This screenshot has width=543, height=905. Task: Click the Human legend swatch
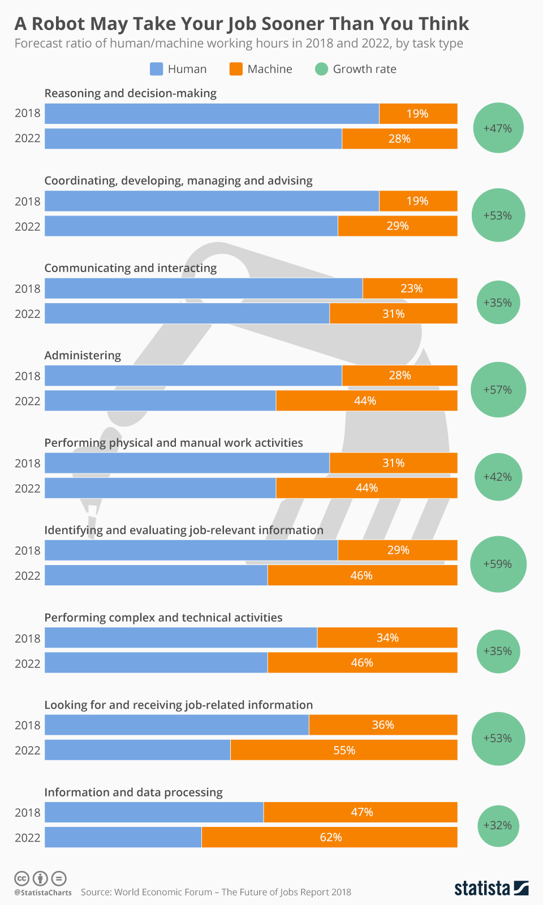[156, 69]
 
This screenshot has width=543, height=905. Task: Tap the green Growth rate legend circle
[321, 69]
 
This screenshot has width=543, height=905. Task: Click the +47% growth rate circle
[498, 128]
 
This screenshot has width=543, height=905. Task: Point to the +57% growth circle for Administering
[498, 390]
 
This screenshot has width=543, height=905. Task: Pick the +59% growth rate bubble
[498, 564]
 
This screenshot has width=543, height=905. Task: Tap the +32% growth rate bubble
[498, 826]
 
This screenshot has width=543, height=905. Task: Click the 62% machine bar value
[330, 837]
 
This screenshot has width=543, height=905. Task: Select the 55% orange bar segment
[344, 750]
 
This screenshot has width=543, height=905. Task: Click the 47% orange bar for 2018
[361, 812]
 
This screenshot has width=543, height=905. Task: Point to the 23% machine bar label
[411, 288]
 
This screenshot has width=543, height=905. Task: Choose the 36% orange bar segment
[383, 725]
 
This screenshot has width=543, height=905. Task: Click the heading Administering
[83, 355]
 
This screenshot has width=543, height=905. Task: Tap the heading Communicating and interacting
[130, 268]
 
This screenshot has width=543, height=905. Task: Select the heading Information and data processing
[133, 792]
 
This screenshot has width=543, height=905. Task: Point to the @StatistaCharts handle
[43, 893]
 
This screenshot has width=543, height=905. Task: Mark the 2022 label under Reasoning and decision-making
[28, 139]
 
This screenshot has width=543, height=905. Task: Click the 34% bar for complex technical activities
[387, 637]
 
